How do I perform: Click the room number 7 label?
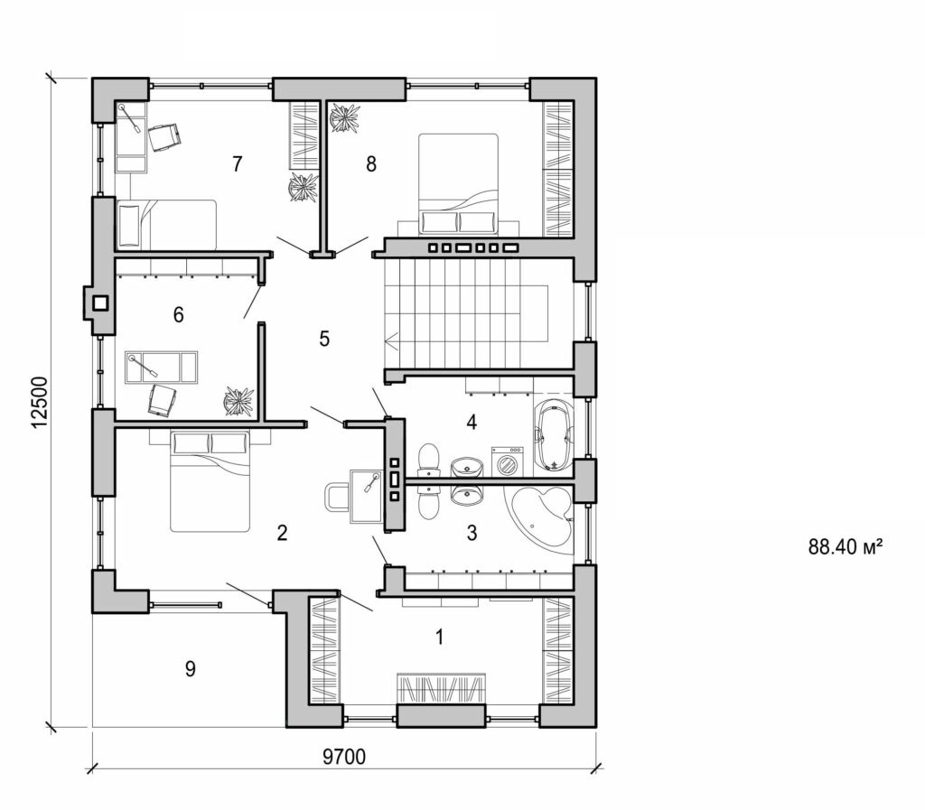pyautogui.click(x=238, y=163)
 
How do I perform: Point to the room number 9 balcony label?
pyautogui.click(x=190, y=668)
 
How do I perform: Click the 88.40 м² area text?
pyautogui.click(x=845, y=546)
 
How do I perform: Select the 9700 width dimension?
pyautogui.click(x=343, y=757)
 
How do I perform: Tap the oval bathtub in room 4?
pyautogui.click(x=553, y=437)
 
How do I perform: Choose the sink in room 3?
pyautogui.click(x=466, y=493)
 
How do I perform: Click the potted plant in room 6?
pyautogui.click(x=238, y=400)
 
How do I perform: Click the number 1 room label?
pyautogui.click(x=439, y=637)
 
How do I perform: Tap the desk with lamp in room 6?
pyautogui.click(x=161, y=366)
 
